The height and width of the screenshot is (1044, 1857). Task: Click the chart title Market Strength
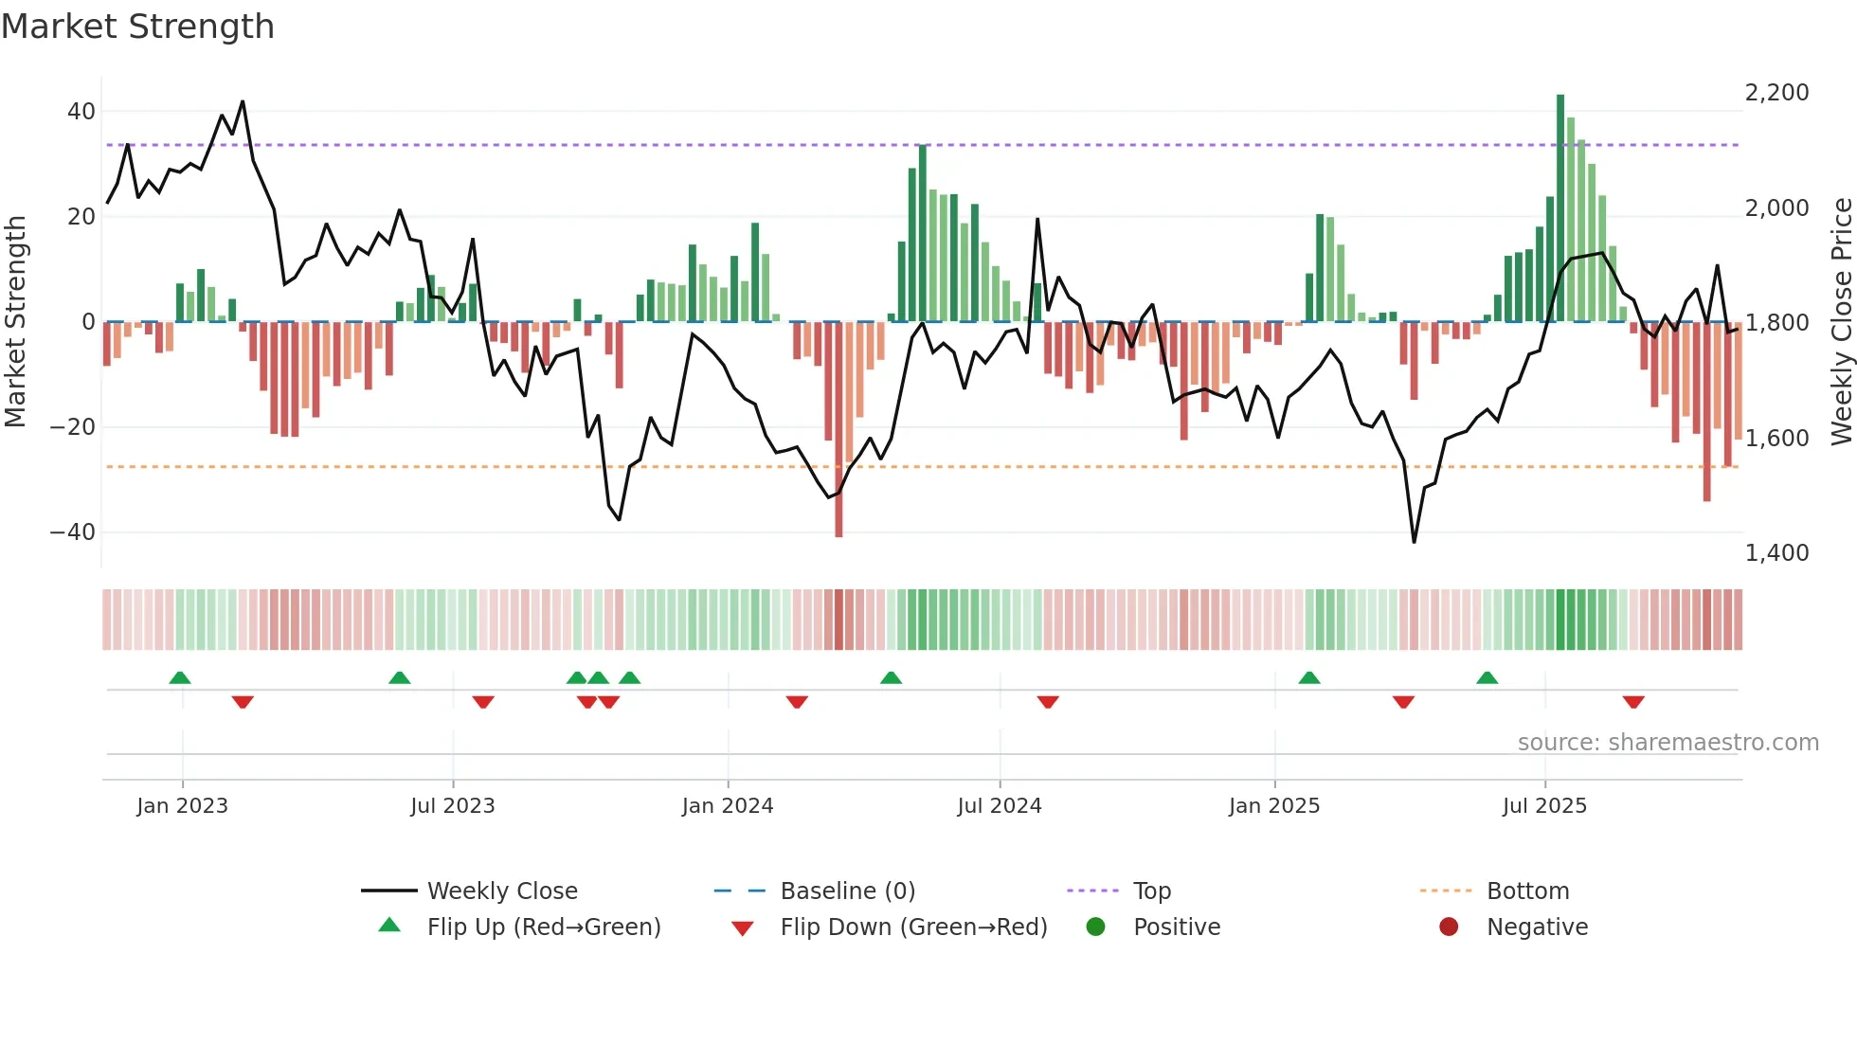coord(137,27)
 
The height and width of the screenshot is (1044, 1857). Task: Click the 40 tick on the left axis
coord(81,112)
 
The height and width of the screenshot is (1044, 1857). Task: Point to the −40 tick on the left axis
coord(73,532)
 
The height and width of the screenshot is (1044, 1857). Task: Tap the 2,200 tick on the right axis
coord(1776,93)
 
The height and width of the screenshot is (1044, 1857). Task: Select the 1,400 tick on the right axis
coord(1776,553)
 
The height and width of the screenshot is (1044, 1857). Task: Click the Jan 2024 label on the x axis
coord(727,806)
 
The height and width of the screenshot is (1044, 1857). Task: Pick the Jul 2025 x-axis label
coord(1544,806)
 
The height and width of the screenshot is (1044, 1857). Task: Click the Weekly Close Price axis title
coord(1841,322)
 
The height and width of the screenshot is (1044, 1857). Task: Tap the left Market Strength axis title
coord(15,322)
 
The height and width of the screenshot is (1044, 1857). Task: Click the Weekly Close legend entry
coord(501,891)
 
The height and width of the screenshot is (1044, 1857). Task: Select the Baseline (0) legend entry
coord(847,891)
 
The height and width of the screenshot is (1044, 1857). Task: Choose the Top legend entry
coord(1151,891)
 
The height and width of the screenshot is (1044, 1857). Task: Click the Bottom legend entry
coord(1527,891)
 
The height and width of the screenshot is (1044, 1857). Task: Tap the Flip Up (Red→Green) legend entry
coord(543,927)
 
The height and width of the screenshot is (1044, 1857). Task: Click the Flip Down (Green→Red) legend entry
coord(913,927)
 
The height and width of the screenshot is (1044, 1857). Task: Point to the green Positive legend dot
coord(1095,927)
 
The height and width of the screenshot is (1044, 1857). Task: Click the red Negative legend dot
coord(1449,927)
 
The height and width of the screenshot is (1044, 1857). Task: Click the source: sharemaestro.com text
coord(1668,743)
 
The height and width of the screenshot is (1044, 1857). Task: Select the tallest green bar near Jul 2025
coord(1560,208)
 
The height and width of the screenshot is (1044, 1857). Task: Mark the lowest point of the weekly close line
coord(1414,542)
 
